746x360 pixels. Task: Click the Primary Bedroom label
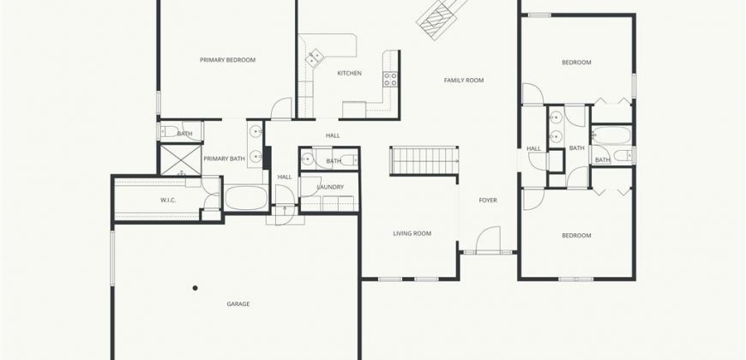pos(227,60)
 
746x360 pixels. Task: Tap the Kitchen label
pos(349,73)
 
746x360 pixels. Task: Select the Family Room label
pos(464,81)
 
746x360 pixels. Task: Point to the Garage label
pos(238,304)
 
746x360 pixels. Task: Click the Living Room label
pos(412,233)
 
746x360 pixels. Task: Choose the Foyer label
pos(488,201)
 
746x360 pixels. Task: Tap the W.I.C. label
pos(168,201)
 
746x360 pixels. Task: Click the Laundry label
pos(330,188)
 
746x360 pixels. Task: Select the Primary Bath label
pos(224,159)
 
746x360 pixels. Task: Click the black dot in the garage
pos(195,288)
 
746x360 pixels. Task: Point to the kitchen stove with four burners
pos(390,80)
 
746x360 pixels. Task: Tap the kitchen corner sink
pos(314,58)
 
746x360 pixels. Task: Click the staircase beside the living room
pos(424,161)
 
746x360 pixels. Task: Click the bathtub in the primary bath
pos(246,197)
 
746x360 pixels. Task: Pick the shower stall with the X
pos(180,159)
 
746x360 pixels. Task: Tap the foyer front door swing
pos(488,239)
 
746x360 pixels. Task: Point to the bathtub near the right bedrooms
pos(611,135)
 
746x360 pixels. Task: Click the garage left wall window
pos(112,258)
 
